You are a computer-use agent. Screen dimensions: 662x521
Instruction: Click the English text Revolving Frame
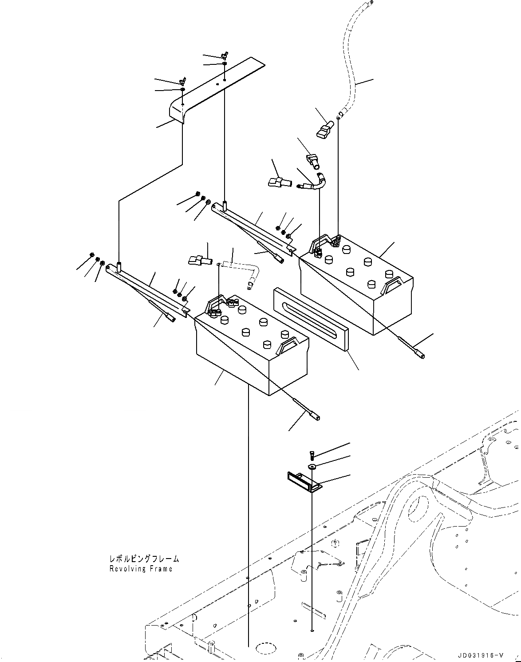[141, 569]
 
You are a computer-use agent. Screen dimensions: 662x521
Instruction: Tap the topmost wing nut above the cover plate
[225, 55]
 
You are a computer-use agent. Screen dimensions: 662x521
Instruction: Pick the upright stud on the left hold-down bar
[119, 267]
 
